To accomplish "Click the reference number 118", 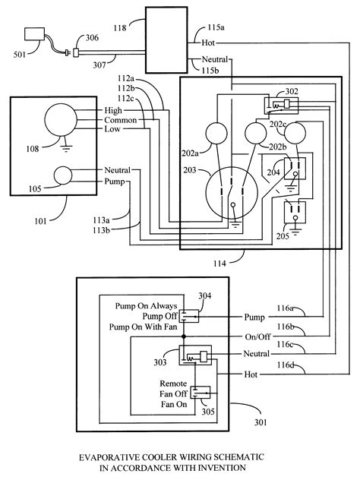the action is click(120, 28).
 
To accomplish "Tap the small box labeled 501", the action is click(34, 34).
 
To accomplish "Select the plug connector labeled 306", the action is click(76, 52).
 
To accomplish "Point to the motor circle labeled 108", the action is click(61, 120).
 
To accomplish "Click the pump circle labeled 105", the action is click(63, 175).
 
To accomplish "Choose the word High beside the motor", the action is click(113, 110).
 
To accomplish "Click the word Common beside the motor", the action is click(120, 120).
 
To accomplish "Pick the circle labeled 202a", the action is click(216, 134).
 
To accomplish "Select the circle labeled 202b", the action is click(256, 133).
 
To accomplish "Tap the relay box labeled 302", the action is click(281, 106).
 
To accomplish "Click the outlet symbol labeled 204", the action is click(295, 169).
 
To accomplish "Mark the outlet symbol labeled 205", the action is click(295, 212).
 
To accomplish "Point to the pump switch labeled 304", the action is click(188, 316).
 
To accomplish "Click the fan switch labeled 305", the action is click(201, 393).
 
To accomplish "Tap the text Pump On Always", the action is click(146, 306).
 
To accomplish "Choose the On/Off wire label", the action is click(257, 336).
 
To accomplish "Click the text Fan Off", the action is click(173, 393).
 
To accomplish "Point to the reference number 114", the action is click(219, 264).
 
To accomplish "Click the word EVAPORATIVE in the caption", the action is click(106, 457).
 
